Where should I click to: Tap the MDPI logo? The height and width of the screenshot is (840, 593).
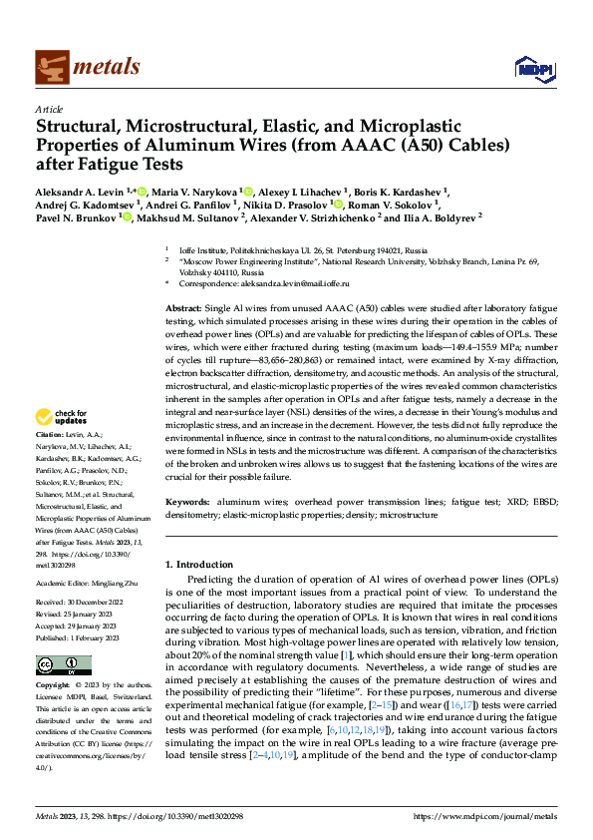(528, 68)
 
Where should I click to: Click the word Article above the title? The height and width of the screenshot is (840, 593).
(49, 109)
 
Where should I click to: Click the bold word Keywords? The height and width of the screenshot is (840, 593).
(187, 503)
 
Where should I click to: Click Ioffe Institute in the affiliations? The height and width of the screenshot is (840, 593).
(201, 250)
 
